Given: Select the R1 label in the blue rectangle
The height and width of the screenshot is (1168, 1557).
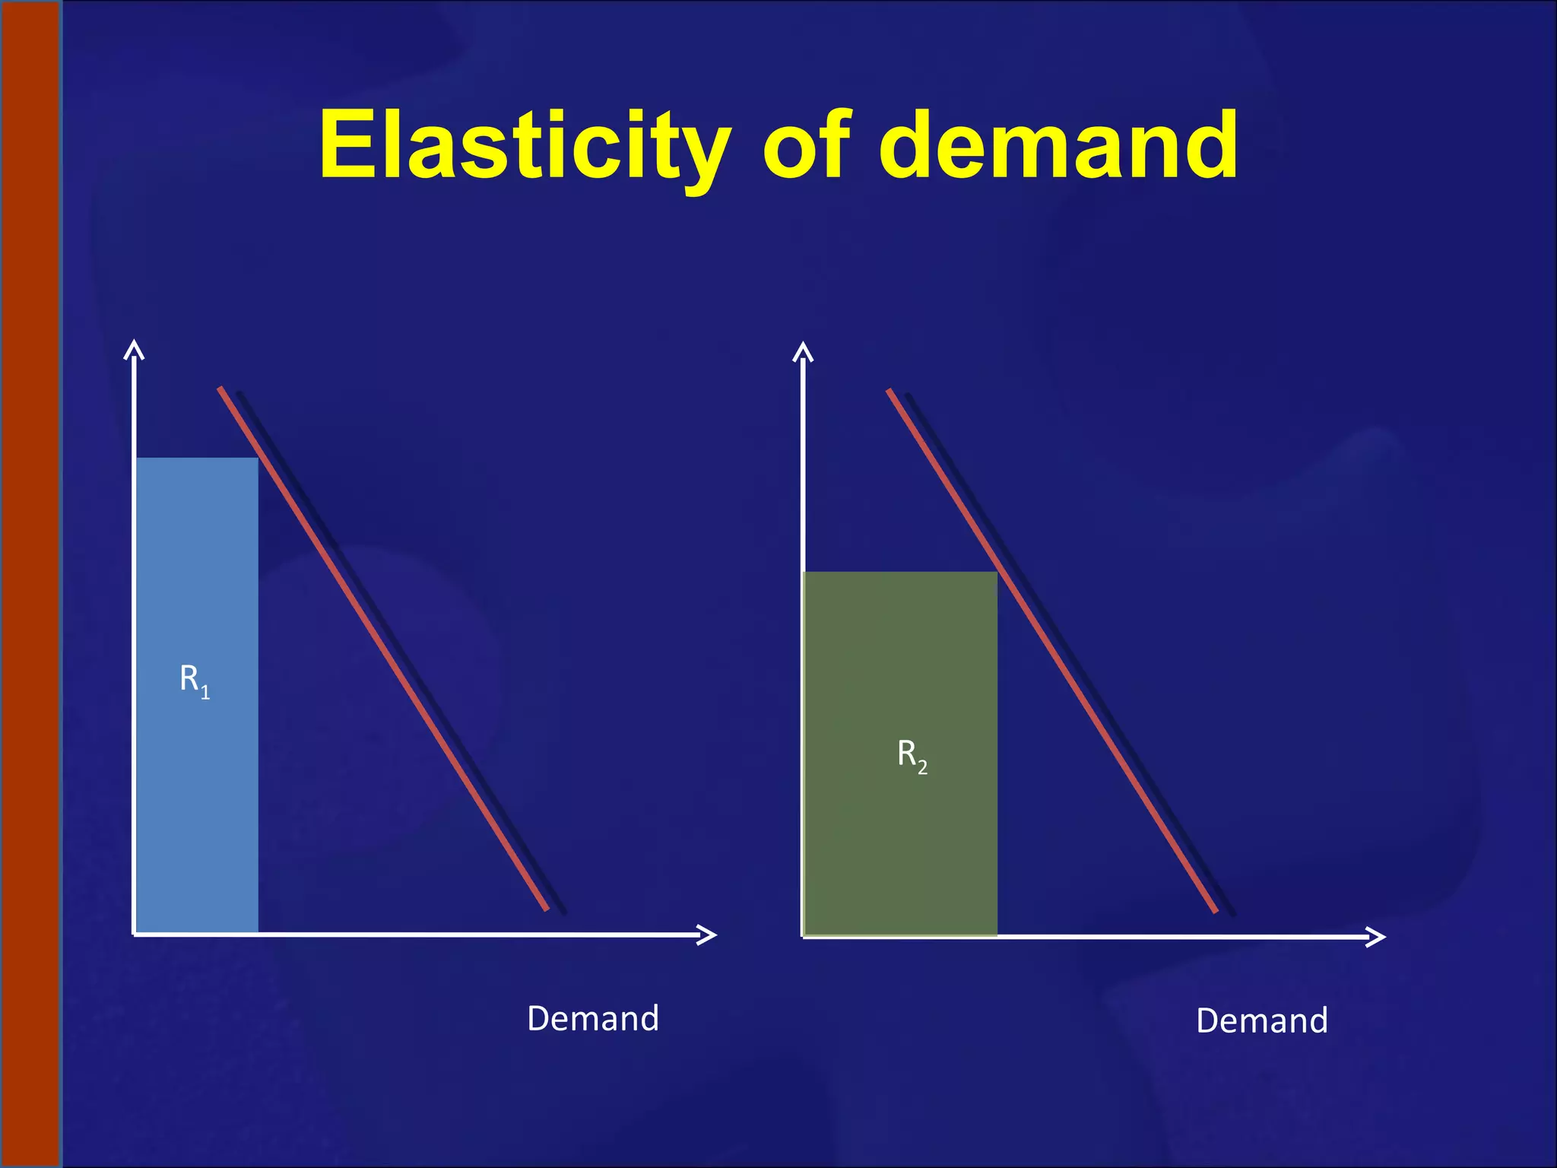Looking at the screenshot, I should pyautogui.click(x=195, y=680).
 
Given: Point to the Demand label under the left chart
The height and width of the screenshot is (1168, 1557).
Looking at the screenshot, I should pyautogui.click(x=593, y=1018).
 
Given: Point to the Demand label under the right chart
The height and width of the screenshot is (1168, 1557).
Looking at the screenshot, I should pyautogui.click(x=1262, y=1020).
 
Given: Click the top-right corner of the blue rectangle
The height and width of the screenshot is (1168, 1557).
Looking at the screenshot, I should pyautogui.click(x=258, y=459).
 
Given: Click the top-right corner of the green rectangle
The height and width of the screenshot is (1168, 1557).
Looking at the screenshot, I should pyautogui.click(x=996, y=573).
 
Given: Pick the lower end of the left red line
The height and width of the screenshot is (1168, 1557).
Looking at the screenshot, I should pyautogui.click(x=546, y=908).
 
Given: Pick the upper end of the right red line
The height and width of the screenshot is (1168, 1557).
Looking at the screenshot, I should pyautogui.click(x=889, y=391).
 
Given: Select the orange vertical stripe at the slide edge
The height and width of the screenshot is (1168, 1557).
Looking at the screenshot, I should pyautogui.click(x=30, y=584).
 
